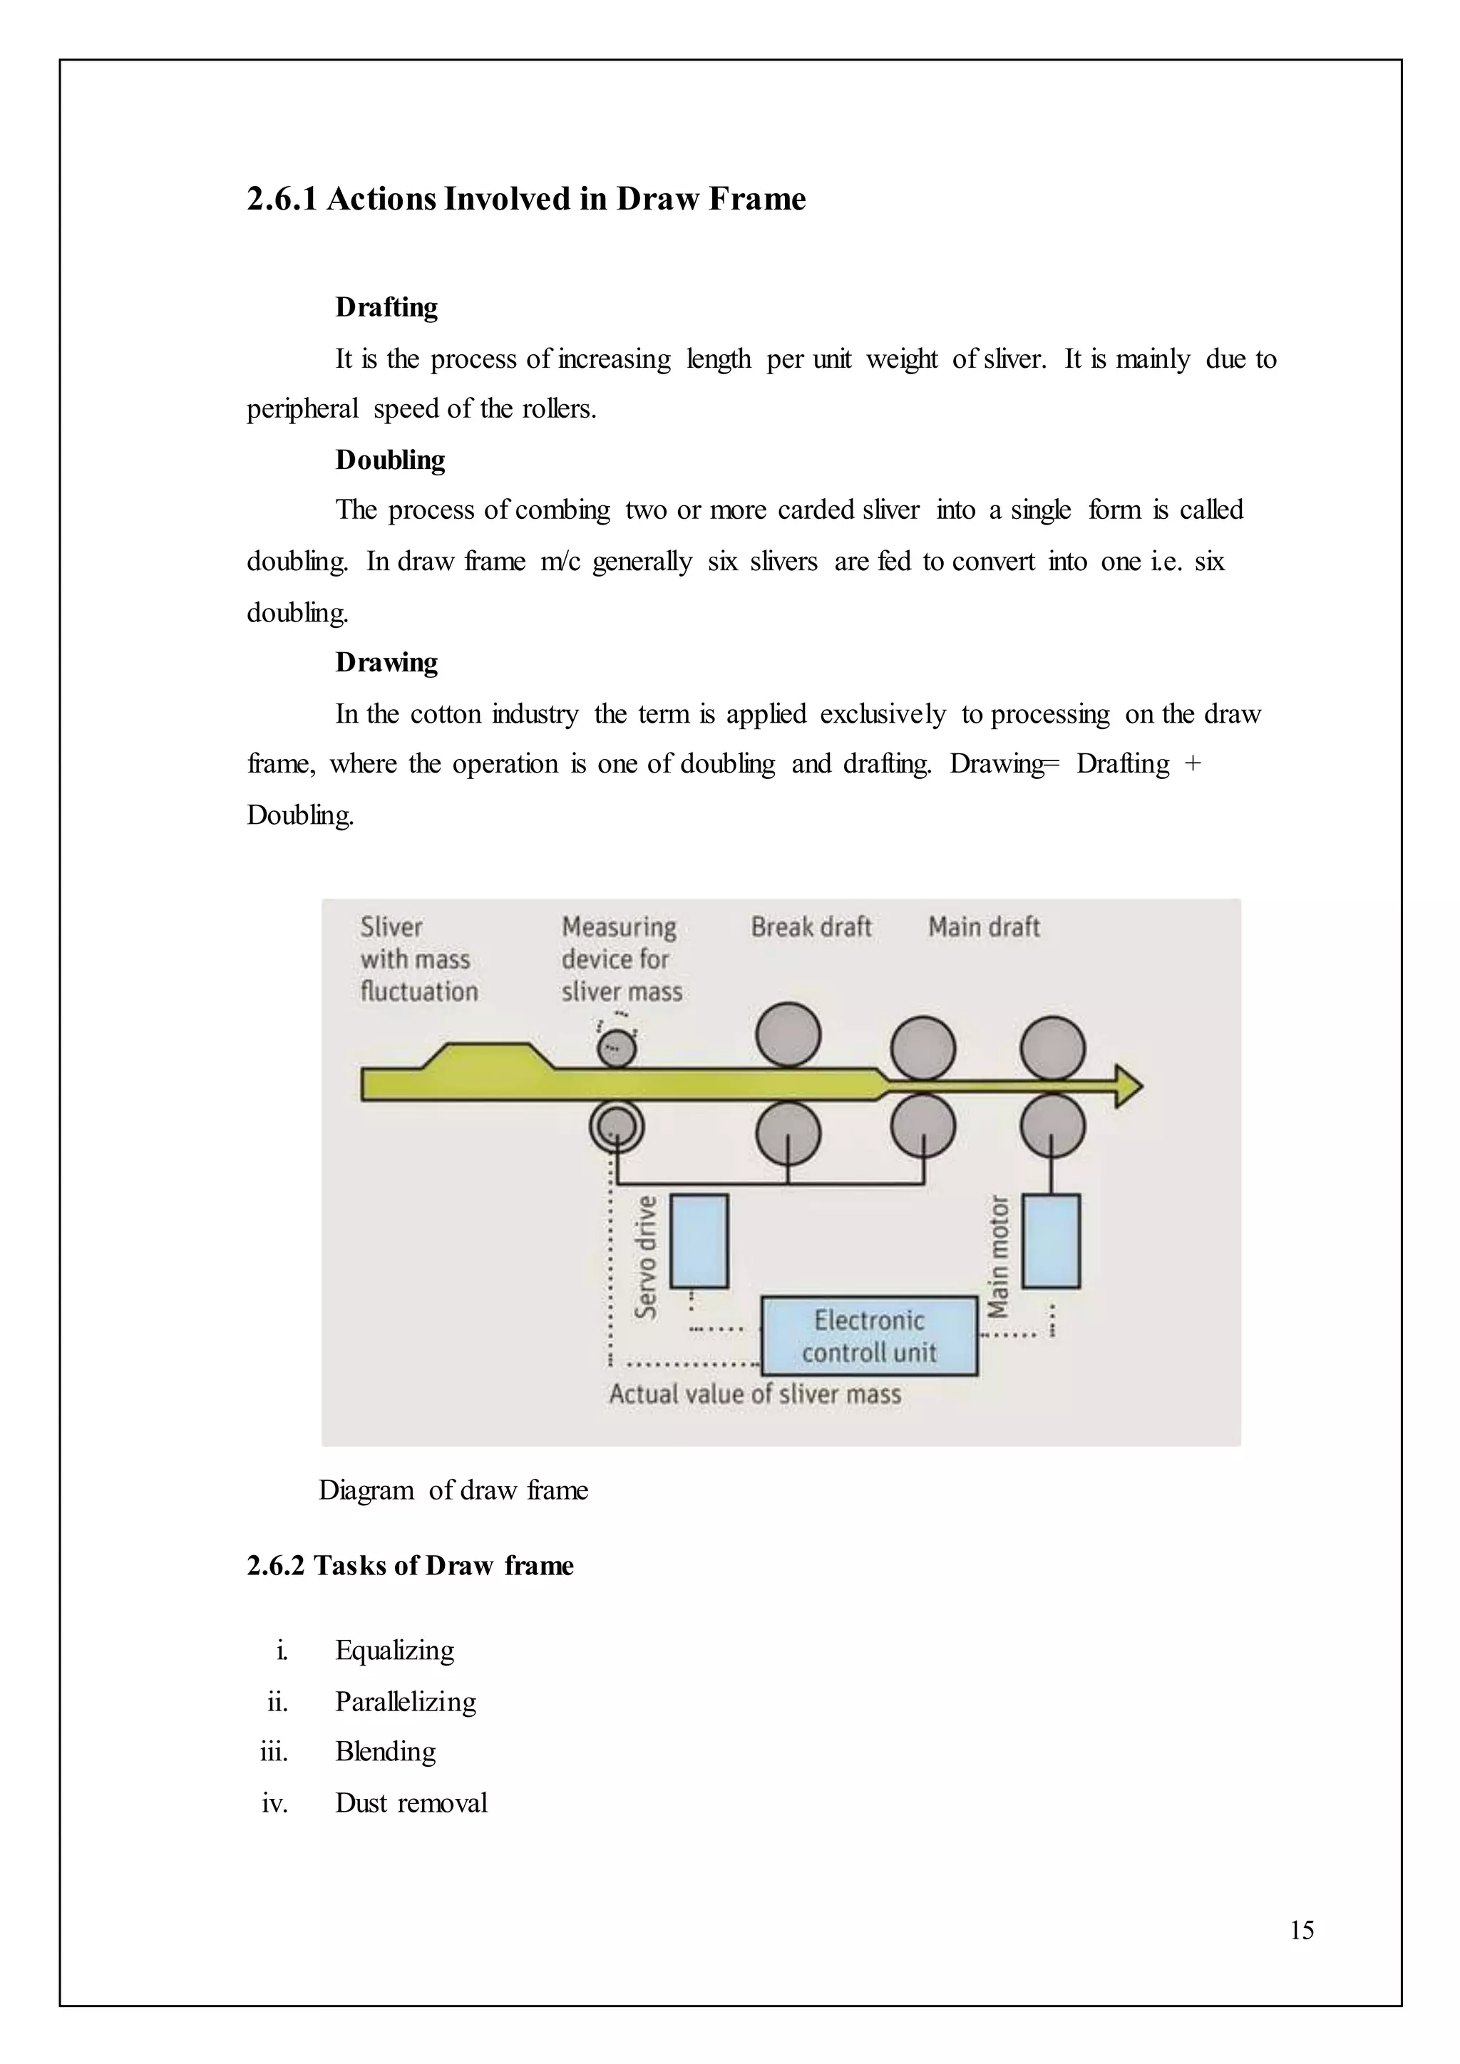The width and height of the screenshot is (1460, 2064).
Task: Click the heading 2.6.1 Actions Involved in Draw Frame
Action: tap(526, 199)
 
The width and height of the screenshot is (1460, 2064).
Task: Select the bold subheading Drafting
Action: tap(386, 307)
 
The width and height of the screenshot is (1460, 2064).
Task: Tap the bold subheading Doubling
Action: tap(390, 460)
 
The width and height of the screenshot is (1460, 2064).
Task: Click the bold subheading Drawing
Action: tap(386, 663)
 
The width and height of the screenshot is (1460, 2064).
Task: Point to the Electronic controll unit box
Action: tap(868, 1336)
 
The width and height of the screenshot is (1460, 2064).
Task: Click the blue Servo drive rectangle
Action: tap(699, 1241)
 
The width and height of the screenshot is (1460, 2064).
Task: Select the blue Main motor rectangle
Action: tap(1051, 1241)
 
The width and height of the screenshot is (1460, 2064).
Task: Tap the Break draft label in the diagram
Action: tap(811, 927)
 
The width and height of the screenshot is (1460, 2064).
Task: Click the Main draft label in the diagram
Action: tap(984, 927)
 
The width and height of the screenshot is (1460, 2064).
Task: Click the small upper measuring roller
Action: tap(617, 1047)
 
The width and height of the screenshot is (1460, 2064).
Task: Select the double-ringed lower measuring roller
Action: tap(617, 1125)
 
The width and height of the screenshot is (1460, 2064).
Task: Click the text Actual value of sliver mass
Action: tap(754, 1394)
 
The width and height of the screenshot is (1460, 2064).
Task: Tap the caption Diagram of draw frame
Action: tap(453, 1490)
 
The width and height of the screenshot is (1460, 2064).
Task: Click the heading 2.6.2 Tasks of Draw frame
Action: tap(410, 1566)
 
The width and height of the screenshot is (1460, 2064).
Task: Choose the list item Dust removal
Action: tap(411, 1803)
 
